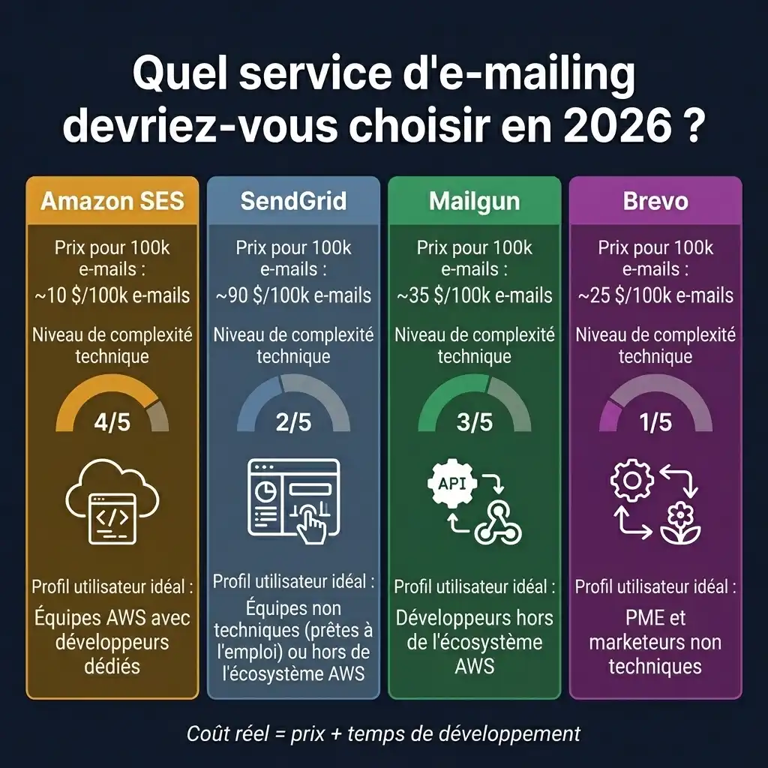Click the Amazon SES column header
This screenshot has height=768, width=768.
pos(112,201)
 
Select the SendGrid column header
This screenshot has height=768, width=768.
pos(293,201)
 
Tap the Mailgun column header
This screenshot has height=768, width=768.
pos(474,201)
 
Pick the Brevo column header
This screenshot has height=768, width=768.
pos(655,201)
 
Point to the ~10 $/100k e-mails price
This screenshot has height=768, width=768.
pos(112,295)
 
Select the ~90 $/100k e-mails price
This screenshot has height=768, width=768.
pos(293,295)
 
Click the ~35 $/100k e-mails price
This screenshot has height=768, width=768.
pos(474,295)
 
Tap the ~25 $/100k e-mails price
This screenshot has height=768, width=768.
pos(655,295)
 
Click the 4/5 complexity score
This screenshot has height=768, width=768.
pos(112,422)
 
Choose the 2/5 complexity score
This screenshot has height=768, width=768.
pos(293,422)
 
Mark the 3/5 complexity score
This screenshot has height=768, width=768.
pos(474,422)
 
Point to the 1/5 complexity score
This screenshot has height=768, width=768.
pos(655,422)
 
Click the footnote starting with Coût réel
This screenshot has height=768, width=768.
pos(383,733)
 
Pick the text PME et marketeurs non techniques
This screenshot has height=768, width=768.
pos(655,642)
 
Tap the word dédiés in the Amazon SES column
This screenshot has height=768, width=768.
pos(112,665)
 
